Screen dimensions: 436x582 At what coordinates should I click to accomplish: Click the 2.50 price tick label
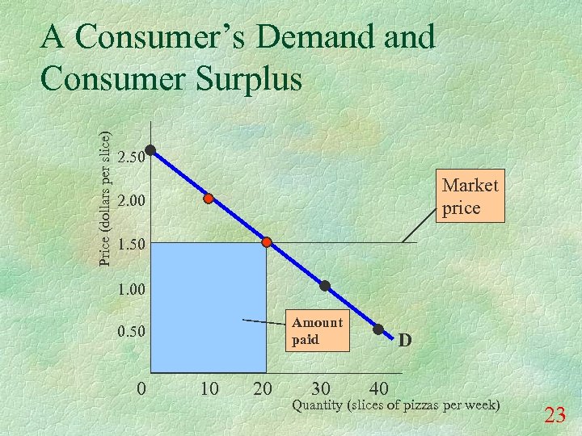click(x=130, y=157)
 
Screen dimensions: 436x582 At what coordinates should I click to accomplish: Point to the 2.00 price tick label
click(x=130, y=200)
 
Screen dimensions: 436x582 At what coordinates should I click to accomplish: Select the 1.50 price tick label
click(x=130, y=244)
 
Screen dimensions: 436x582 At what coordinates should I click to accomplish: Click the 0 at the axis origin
click(x=141, y=389)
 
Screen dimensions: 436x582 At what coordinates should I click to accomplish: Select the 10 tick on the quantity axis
click(x=209, y=389)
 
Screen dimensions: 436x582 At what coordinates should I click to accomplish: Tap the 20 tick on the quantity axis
click(x=263, y=389)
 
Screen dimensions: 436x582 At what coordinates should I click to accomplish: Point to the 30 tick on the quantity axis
click(x=322, y=389)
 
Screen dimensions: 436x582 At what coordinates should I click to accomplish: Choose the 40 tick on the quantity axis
click(x=379, y=389)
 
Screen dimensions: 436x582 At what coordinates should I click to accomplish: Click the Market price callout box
click(x=470, y=196)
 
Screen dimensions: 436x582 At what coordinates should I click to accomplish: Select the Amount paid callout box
click(x=317, y=331)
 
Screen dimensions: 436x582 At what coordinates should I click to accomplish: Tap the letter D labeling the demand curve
click(x=406, y=341)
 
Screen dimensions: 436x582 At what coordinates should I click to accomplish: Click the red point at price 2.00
click(x=209, y=198)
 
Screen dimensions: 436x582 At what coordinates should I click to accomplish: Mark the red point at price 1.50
click(x=267, y=241)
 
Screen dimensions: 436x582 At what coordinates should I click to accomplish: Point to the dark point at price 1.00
click(x=325, y=286)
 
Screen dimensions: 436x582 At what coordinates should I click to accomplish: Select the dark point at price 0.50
click(x=378, y=329)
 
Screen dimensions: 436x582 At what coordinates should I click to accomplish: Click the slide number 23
click(x=555, y=416)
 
